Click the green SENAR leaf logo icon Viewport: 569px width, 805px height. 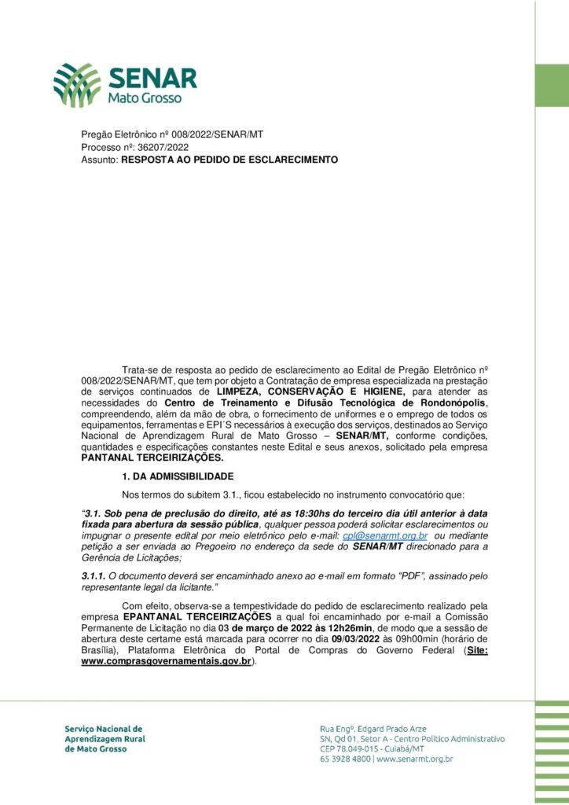[x=76, y=85]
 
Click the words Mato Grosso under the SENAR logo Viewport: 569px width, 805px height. [x=145, y=98]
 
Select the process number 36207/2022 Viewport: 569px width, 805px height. [x=163, y=147]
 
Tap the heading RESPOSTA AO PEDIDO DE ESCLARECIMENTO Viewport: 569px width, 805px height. [x=229, y=160]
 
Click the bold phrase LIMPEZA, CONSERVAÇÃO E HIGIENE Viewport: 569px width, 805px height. [x=310, y=391]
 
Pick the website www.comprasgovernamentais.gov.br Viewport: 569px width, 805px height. [x=166, y=662]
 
